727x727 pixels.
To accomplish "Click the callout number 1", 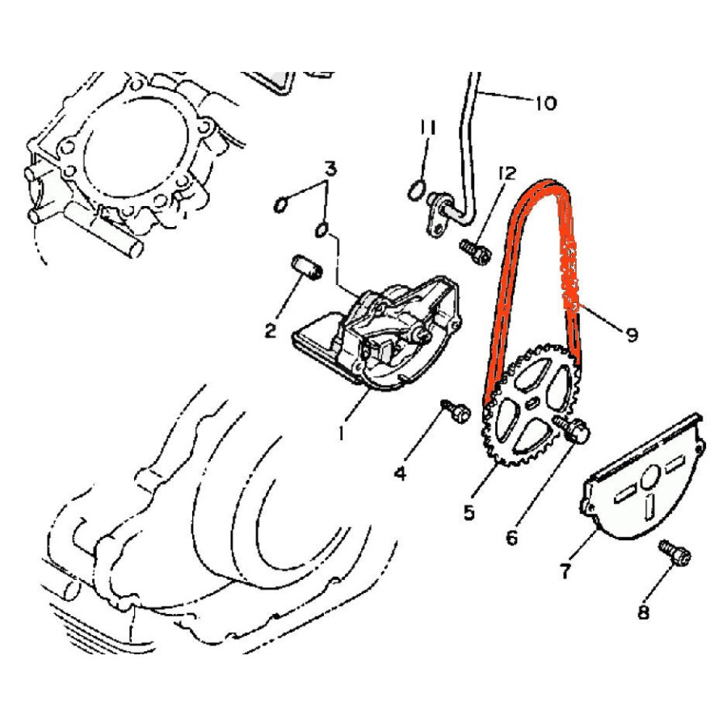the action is coord(342,433).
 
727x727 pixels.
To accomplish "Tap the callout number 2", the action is coord(271,330).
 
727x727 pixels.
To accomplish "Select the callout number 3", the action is coord(330,169).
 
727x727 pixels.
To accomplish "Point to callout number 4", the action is coord(401,473).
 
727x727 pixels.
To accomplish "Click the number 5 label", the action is coord(469,512).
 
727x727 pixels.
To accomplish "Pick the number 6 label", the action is coord(512,538).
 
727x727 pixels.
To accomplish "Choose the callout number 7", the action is coord(565,571).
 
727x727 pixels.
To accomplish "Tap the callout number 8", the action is coord(644,612).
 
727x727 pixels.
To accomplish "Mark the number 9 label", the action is coord(632,334).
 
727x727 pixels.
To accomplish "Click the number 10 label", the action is coord(546,103).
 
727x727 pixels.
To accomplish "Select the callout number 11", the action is coord(428,128).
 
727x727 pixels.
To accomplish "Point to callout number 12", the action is coord(507,174).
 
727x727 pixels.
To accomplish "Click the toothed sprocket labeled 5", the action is coord(532,404).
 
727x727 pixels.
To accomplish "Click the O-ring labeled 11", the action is coord(416,190).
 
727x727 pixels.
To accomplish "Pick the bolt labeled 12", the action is coord(476,252).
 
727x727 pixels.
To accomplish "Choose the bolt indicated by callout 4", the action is coord(456,411).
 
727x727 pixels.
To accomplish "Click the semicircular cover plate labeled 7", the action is coord(641,478).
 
